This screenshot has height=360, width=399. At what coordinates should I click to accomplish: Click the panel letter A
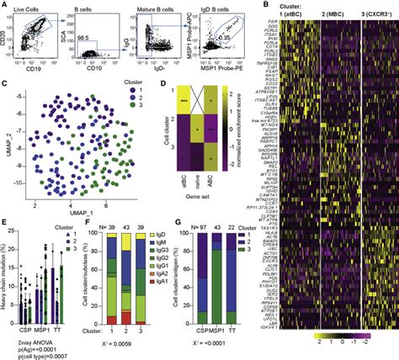4,5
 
